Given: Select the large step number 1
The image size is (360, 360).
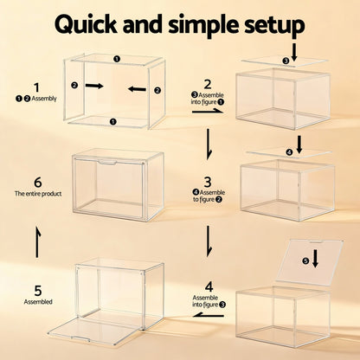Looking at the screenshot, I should pos(35,87).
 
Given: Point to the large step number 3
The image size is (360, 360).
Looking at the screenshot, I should pos(208,182).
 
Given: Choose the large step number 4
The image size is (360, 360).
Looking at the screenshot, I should pos(208,286).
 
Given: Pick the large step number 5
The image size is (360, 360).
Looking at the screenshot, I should pos(35,290).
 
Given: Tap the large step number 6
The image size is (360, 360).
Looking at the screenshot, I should pos(35,182).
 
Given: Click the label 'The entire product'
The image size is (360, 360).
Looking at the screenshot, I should pos(35,194).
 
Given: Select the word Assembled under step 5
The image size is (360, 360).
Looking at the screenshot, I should pos(35,302).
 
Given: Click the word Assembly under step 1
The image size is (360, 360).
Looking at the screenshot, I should pos(43,100).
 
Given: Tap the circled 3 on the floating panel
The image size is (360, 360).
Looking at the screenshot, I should pos(286,61).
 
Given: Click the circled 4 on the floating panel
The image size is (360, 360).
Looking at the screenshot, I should pos(290,153).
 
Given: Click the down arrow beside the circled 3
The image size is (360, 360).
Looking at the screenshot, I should pos(298,54).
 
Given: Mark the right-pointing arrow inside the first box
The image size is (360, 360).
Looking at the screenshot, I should pos(93,86).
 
